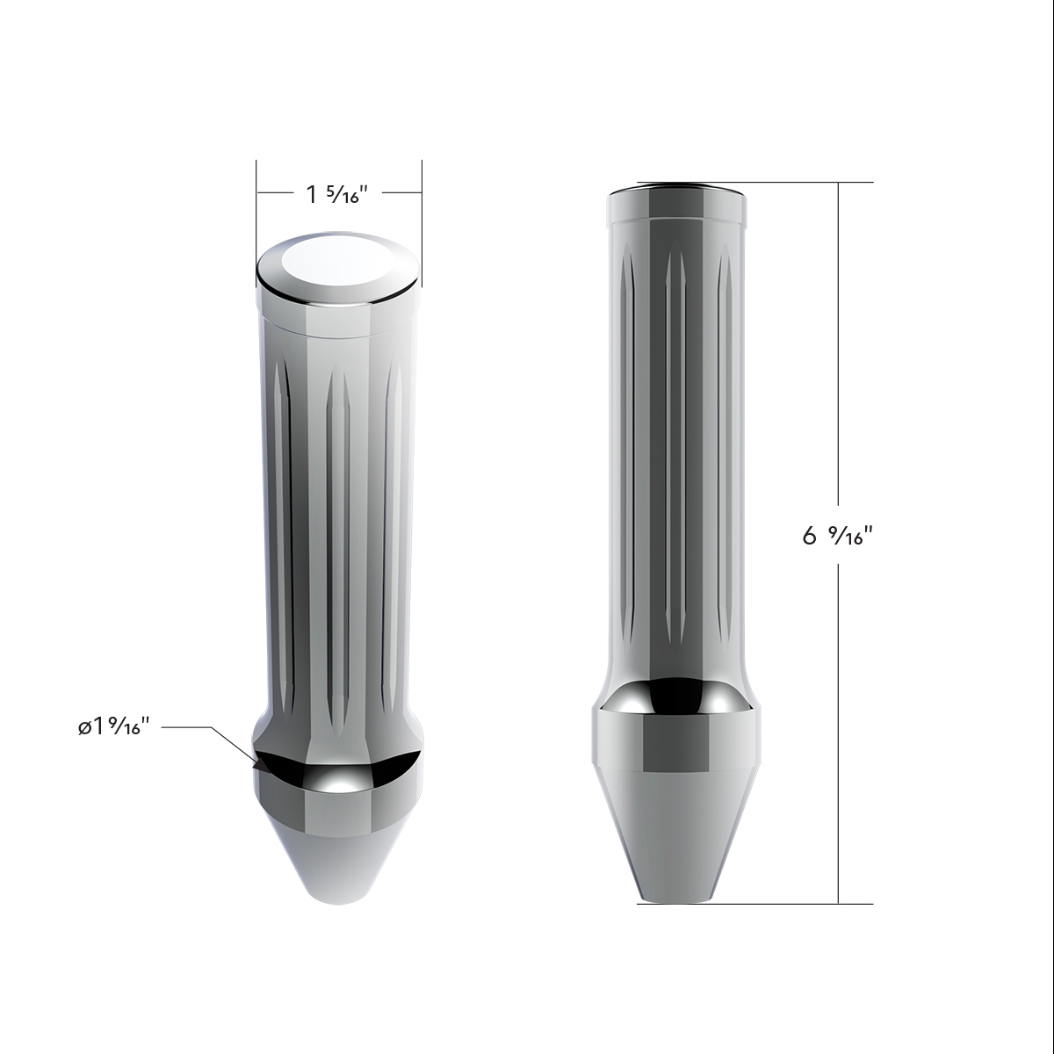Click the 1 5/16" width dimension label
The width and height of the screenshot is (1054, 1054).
336,194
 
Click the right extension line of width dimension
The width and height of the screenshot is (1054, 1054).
422,220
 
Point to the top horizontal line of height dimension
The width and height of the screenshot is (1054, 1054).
790,182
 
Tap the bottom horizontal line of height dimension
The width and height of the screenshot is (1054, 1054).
790,903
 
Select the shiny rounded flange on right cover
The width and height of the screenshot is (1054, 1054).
676,694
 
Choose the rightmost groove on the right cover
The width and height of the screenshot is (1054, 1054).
726,448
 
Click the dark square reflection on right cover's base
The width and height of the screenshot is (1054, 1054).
676,747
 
